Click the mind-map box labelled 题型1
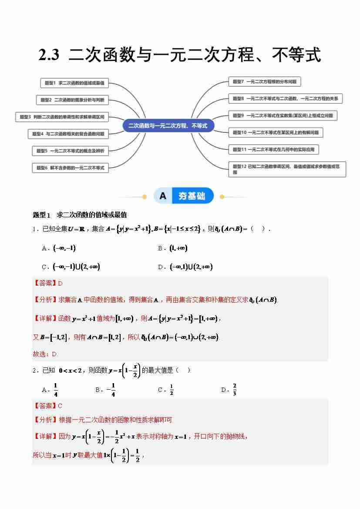pos(74,83)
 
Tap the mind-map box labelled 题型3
pos(62,117)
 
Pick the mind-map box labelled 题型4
pos(68,134)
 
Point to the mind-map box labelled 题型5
pos(70,151)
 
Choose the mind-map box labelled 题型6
pos(70,168)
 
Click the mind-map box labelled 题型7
pos(264,81)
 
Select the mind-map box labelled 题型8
pos(285,99)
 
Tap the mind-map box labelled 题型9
pos(283,115)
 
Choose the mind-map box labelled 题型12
pos(287,169)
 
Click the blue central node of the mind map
pos(168,125)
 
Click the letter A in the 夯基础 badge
pos(163,196)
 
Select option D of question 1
pos(185,267)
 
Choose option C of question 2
pos(166,390)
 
